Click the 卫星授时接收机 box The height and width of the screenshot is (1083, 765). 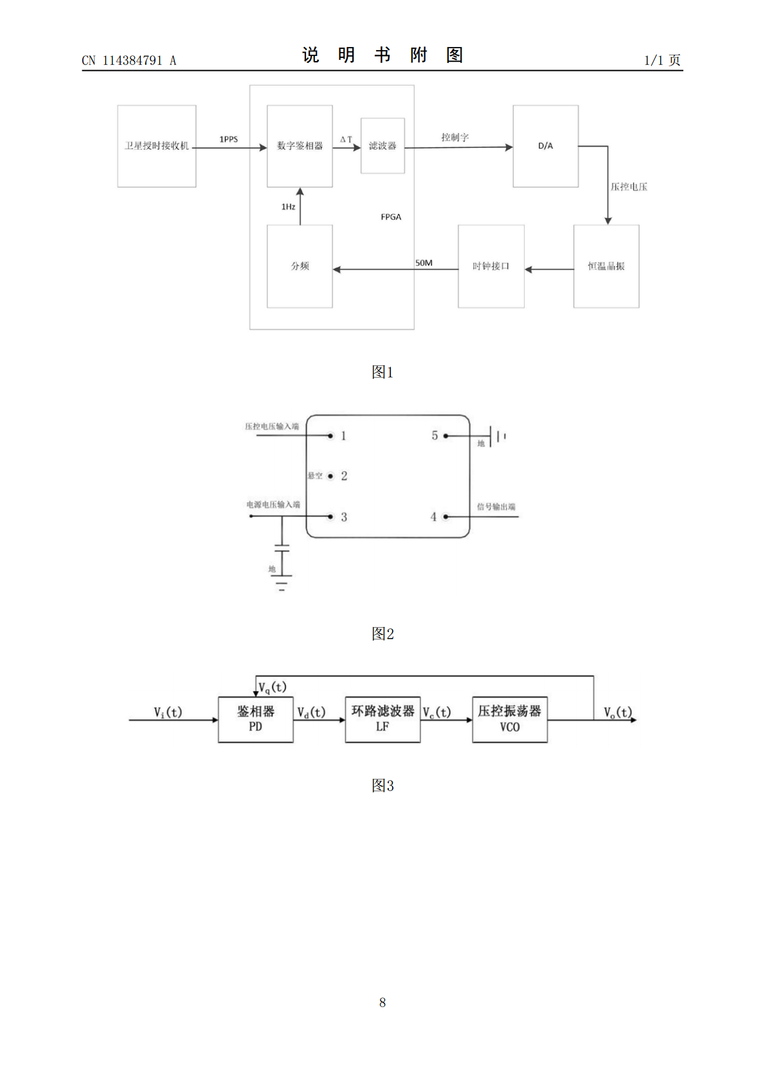(157, 146)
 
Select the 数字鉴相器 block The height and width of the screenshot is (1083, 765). (300, 146)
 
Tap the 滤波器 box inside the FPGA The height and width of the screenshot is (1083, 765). (382, 145)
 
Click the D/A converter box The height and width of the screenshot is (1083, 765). (546, 146)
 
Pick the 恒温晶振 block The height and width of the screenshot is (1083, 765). (606, 266)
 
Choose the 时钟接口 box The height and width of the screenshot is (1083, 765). (491, 266)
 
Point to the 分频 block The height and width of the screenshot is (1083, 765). (300, 266)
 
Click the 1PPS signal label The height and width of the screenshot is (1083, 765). (229, 140)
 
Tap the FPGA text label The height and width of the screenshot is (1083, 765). (391, 217)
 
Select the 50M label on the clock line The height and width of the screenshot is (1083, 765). (424, 263)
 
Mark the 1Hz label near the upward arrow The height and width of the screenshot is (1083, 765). (288, 207)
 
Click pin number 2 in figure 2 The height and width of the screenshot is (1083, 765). (344, 476)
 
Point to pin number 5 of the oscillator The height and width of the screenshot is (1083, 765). (435, 435)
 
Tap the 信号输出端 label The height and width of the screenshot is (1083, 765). (496, 507)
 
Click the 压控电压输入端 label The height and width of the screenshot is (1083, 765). (272, 426)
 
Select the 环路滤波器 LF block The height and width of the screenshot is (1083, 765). (382, 720)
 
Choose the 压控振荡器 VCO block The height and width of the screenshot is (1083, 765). (510, 720)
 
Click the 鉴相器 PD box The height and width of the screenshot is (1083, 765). (256, 720)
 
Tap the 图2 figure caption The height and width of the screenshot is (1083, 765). (382, 633)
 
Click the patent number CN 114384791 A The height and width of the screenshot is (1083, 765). (129, 60)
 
